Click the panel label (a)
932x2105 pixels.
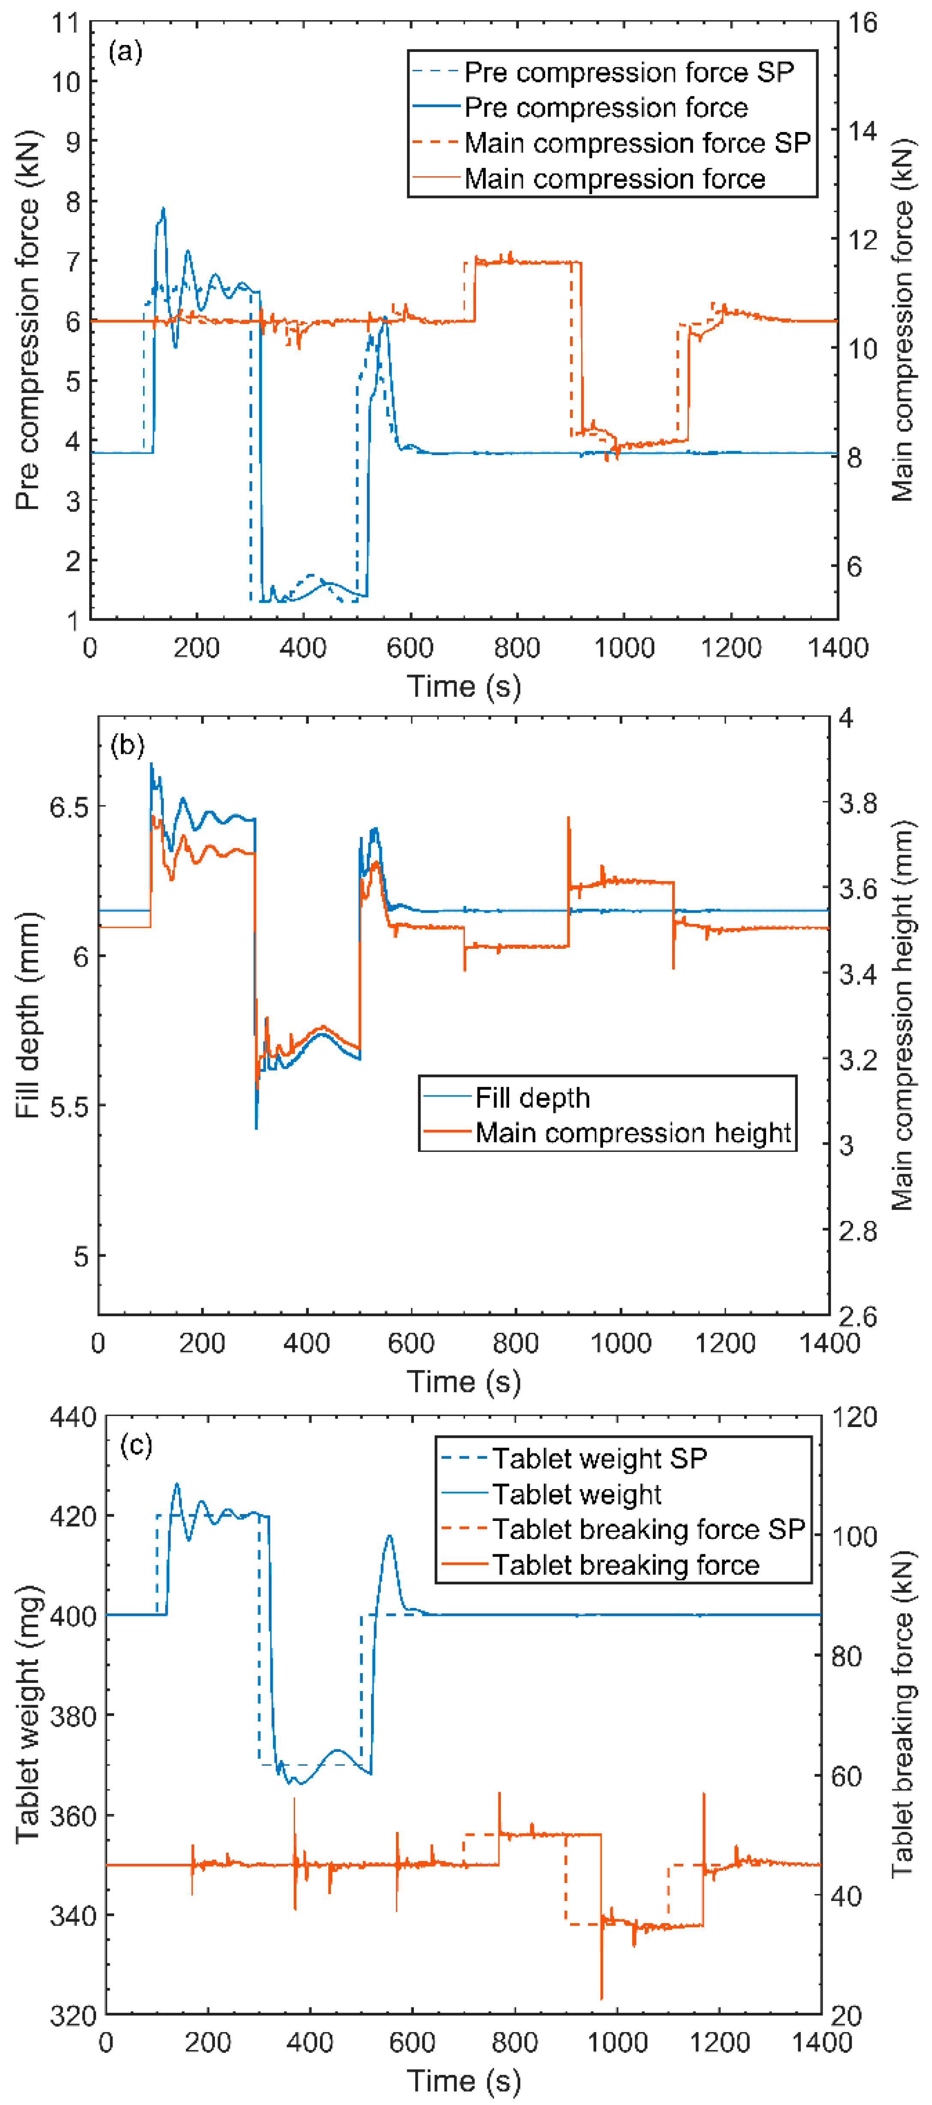pos(125,52)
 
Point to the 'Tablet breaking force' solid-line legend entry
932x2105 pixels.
pos(625,1565)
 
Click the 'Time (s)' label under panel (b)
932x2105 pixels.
pos(464,1381)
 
